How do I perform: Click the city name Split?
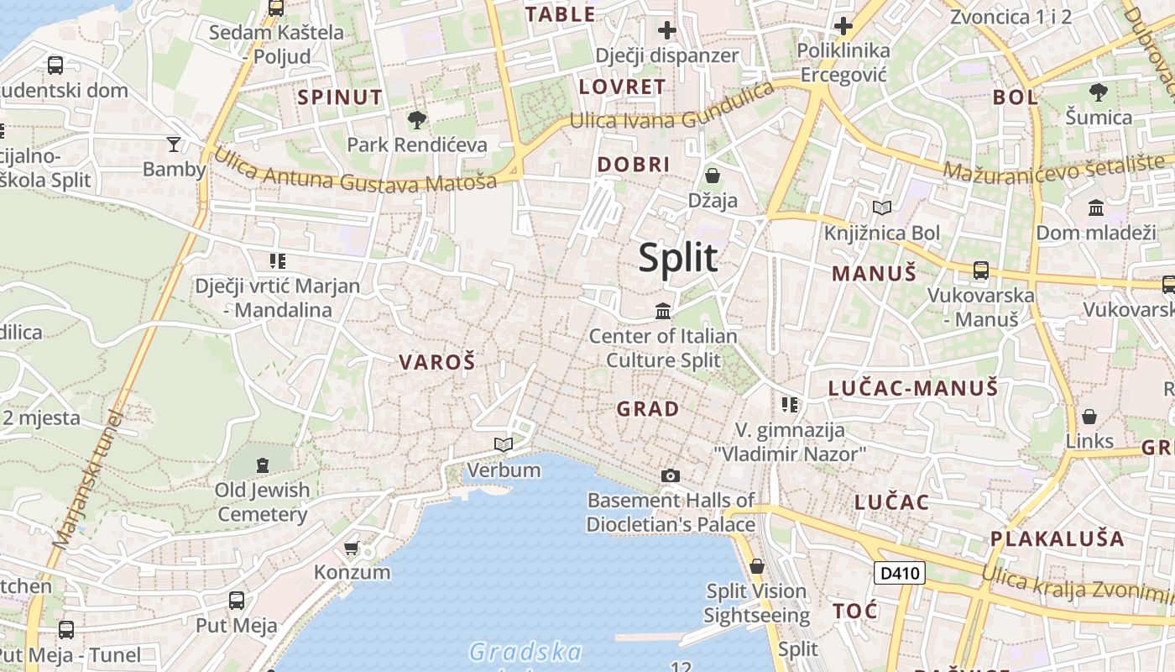pyautogui.click(x=678, y=258)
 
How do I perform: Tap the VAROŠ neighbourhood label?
pyautogui.click(x=436, y=363)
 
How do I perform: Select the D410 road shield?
pyautogui.click(x=899, y=574)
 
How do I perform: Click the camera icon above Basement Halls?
pyautogui.click(x=670, y=476)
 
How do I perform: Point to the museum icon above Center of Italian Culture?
pyautogui.click(x=663, y=312)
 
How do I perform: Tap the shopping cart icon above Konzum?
pyautogui.click(x=352, y=549)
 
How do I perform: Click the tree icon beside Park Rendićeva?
pyautogui.click(x=416, y=120)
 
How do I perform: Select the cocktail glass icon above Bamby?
pyautogui.click(x=174, y=144)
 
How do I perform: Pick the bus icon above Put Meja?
pyautogui.click(x=237, y=601)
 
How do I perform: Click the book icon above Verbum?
pyautogui.click(x=504, y=444)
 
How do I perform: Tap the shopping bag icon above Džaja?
pyautogui.click(x=713, y=176)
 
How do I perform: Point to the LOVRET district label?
pyautogui.click(x=622, y=87)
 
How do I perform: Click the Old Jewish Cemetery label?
pyautogui.click(x=263, y=501)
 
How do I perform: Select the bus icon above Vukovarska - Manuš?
pyautogui.click(x=980, y=270)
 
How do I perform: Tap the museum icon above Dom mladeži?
pyautogui.click(x=1096, y=207)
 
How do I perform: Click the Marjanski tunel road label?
pyautogui.click(x=86, y=480)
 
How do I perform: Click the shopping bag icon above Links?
pyautogui.click(x=1089, y=417)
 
